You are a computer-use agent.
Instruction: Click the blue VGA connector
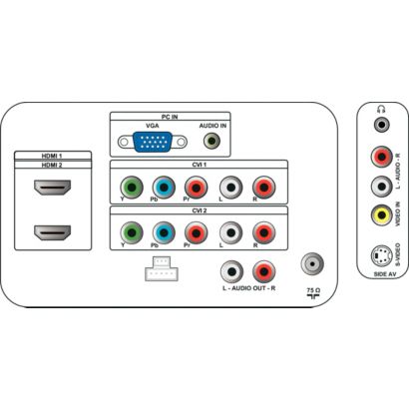tap(153, 142)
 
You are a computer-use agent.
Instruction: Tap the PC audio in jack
tap(211, 142)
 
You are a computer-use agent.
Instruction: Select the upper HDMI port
tap(53, 188)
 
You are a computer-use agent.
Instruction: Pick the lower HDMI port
tap(53, 232)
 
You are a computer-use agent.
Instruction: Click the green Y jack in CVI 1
tap(132, 188)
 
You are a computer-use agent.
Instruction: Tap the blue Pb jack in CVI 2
tap(164, 232)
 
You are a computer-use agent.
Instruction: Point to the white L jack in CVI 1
tap(231, 188)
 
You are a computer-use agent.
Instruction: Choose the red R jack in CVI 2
tap(264, 232)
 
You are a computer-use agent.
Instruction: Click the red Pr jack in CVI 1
tap(197, 188)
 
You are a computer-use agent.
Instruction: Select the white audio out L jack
tap(232, 271)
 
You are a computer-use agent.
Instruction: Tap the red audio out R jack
tap(264, 271)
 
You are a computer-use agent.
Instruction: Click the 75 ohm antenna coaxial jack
tap(312, 263)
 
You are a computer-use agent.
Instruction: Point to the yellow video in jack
tap(382, 215)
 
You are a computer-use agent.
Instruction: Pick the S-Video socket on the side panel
tap(382, 256)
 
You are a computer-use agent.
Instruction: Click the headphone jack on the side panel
tap(382, 125)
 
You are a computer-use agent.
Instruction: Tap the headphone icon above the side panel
tap(381, 109)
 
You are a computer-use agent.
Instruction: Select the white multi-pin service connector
tap(162, 268)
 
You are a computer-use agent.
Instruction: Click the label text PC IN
tap(170, 117)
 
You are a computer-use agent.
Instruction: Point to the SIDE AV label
tap(385, 274)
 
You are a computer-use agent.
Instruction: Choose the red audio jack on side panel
tap(382, 156)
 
